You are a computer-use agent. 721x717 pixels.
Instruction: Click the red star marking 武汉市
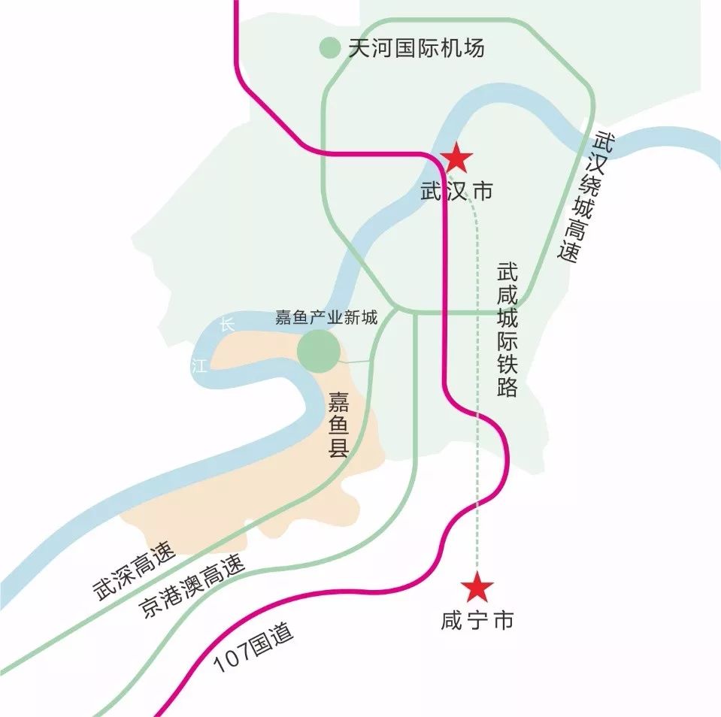click(456, 159)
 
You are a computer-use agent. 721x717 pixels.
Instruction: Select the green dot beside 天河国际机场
click(329, 48)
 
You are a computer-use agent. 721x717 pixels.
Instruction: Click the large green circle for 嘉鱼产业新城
click(318, 351)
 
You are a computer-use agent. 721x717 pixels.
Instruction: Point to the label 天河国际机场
click(416, 48)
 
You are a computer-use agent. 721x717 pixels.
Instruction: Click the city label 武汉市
click(457, 191)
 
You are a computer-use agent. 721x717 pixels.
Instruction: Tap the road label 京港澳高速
click(192, 588)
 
